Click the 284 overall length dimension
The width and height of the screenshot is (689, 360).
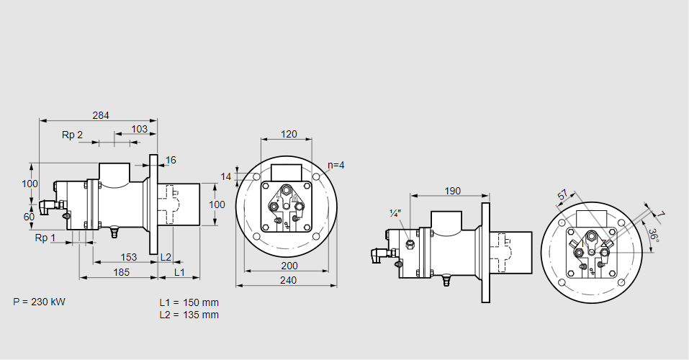click(101, 115)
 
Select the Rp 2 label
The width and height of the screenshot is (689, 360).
click(72, 135)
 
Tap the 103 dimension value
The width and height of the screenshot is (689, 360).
click(140, 129)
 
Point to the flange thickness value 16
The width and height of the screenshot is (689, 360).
click(171, 160)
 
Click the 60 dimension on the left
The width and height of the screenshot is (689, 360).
click(29, 216)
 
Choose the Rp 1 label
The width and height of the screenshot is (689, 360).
click(45, 238)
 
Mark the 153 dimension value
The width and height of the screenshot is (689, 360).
click(128, 257)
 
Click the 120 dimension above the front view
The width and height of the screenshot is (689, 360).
click(288, 134)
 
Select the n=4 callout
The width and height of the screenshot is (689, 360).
click(336, 165)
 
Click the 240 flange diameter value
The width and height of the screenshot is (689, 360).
click(287, 280)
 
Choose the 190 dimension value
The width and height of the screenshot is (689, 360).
click(452, 191)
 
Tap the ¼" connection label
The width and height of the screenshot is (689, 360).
click(395, 213)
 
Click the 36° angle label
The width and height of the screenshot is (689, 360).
click(653, 235)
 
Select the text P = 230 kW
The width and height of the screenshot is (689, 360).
click(39, 302)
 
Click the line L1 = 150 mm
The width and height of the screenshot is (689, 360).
click(189, 302)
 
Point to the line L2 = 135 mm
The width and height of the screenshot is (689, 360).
click(189, 315)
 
